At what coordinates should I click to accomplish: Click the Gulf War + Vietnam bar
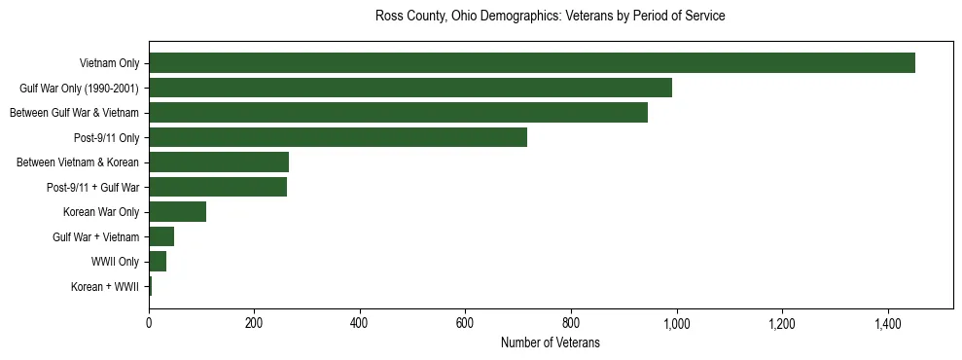tap(161, 236)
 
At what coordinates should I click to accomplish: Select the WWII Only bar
tap(158, 261)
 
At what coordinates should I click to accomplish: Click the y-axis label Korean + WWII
tap(105, 287)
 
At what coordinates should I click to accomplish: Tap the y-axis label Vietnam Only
tap(110, 64)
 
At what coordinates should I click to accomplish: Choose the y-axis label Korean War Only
tap(101, 212)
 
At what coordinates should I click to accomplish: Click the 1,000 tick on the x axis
tap(676, 323)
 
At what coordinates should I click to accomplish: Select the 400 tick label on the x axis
tap(360, 323)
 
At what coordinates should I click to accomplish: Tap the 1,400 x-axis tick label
tap(887, 323)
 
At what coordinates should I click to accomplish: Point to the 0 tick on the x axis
tap(149, 323)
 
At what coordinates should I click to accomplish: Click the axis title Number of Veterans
tap(550, 342)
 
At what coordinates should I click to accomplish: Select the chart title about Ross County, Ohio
tap(550, 17)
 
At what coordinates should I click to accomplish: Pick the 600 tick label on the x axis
tap(465, 323)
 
